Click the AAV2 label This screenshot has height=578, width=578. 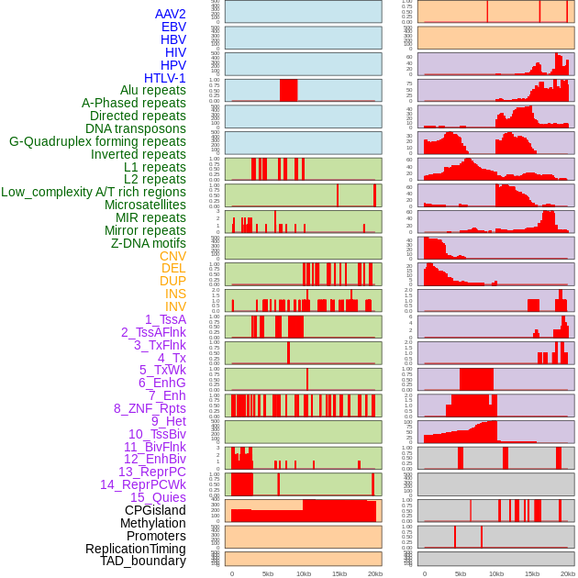[x=170, y=14]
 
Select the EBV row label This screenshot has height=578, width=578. [x=173, y=27]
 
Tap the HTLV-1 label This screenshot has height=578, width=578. [x=165, y=78]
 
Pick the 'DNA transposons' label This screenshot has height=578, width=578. [x=136, y=128]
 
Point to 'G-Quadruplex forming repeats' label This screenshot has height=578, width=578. [x=97, y=141]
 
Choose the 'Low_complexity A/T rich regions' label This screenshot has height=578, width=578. [x=94, y=192]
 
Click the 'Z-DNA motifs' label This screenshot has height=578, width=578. [x=149, y=243]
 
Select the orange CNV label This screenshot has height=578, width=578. [x=172, y=256]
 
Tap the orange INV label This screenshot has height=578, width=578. [x=175, y=306]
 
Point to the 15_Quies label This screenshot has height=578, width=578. [x=158, y=497]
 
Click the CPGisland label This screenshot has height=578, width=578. [x=155, y=510]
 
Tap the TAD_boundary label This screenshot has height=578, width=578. [x=143, y=561]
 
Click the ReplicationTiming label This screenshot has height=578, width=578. [x=136, y=549]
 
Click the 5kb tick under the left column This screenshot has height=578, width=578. [x=268, y=573]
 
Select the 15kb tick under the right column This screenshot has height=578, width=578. [x=532, y=573]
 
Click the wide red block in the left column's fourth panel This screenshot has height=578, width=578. [x=289, y=91]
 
